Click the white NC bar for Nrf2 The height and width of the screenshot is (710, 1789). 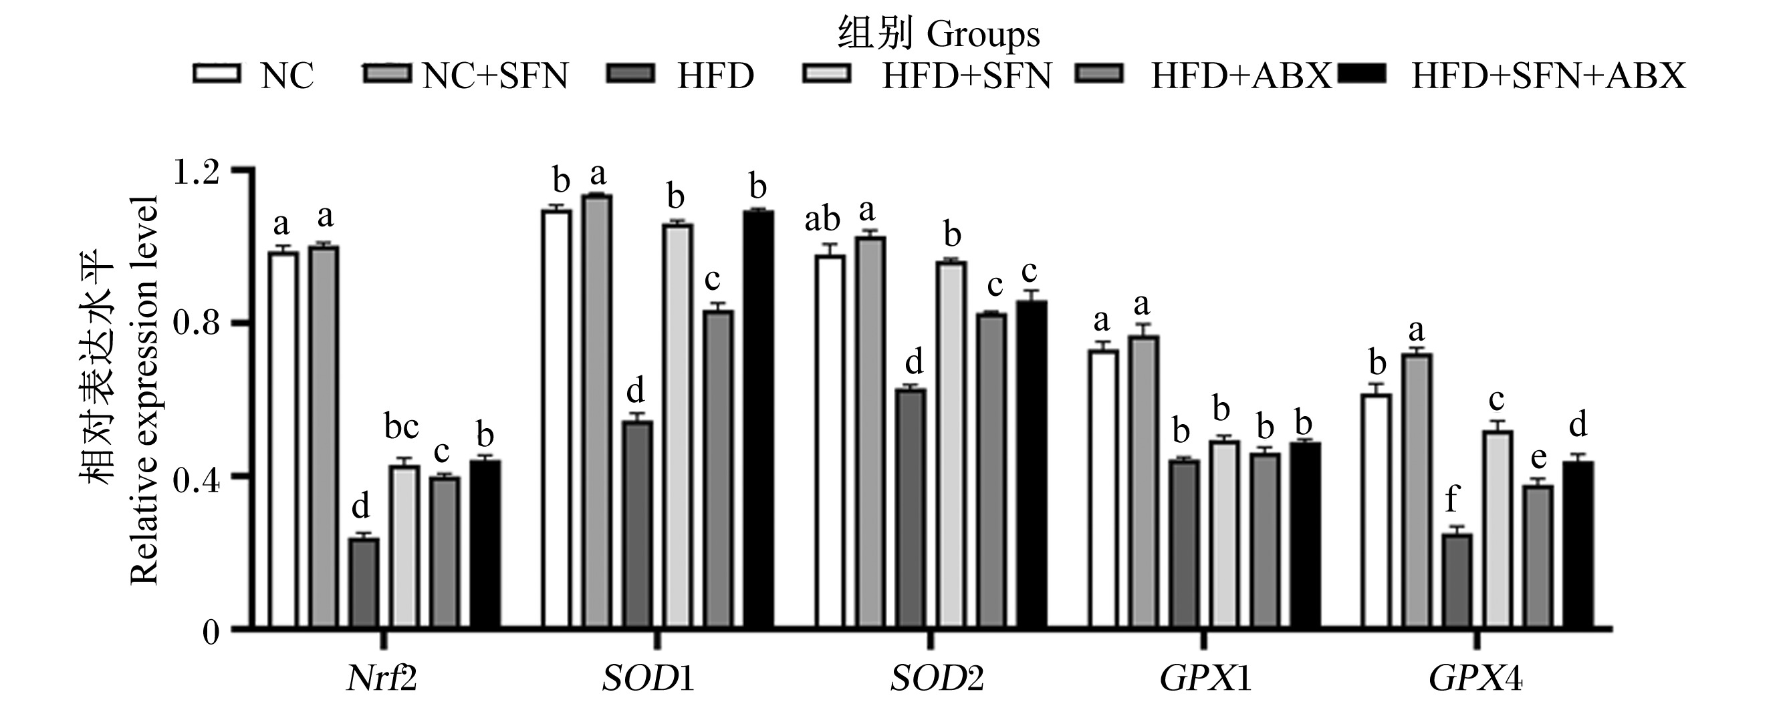(x=283, y=441)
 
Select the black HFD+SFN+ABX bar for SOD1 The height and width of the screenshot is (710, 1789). (x=757, y=421)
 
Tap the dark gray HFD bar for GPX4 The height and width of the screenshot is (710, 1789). (x=1456, y=582)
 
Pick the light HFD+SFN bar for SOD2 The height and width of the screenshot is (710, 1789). (x=951, y=446)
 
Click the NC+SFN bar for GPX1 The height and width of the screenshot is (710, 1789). (x=1143, y=483)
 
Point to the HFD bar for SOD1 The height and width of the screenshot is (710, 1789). (x=637, y=526)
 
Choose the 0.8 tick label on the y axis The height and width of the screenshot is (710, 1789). (x=196, y=323)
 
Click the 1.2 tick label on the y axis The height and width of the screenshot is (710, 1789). (x=196, y=171)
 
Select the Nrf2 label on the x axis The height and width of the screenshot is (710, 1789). (x=382, y=679)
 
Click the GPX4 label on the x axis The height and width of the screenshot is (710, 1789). (x=1475, y=679)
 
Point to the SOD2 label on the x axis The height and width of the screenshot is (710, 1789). (x=937, y=679)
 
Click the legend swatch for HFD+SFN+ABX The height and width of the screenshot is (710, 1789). (x=1362, y=73)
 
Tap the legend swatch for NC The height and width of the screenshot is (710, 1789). (x=217, y=73)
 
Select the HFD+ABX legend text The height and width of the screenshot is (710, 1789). (x=1241, y=75)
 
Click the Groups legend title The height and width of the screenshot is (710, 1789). (x=983, y=34)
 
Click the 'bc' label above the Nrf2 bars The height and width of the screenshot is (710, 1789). (x=402, y=427)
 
